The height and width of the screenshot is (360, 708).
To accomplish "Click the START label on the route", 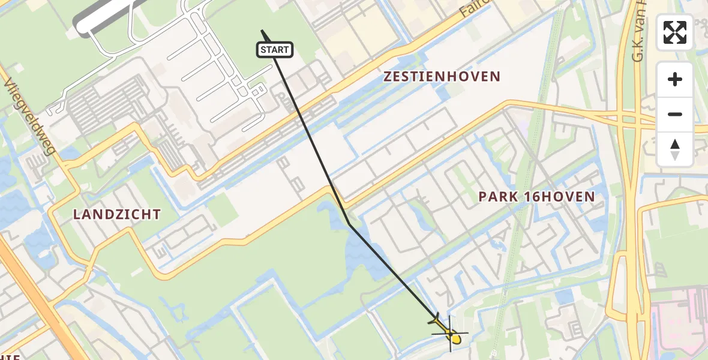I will point(275,50).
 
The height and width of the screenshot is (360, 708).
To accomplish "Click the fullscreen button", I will point(675,32).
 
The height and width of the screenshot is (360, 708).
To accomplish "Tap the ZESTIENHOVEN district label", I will point(442,77).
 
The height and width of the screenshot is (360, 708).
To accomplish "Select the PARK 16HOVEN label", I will point(536,197).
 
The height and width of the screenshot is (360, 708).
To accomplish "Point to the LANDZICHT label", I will point(117,214).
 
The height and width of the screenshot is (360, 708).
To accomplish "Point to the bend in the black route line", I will point(349,224).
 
